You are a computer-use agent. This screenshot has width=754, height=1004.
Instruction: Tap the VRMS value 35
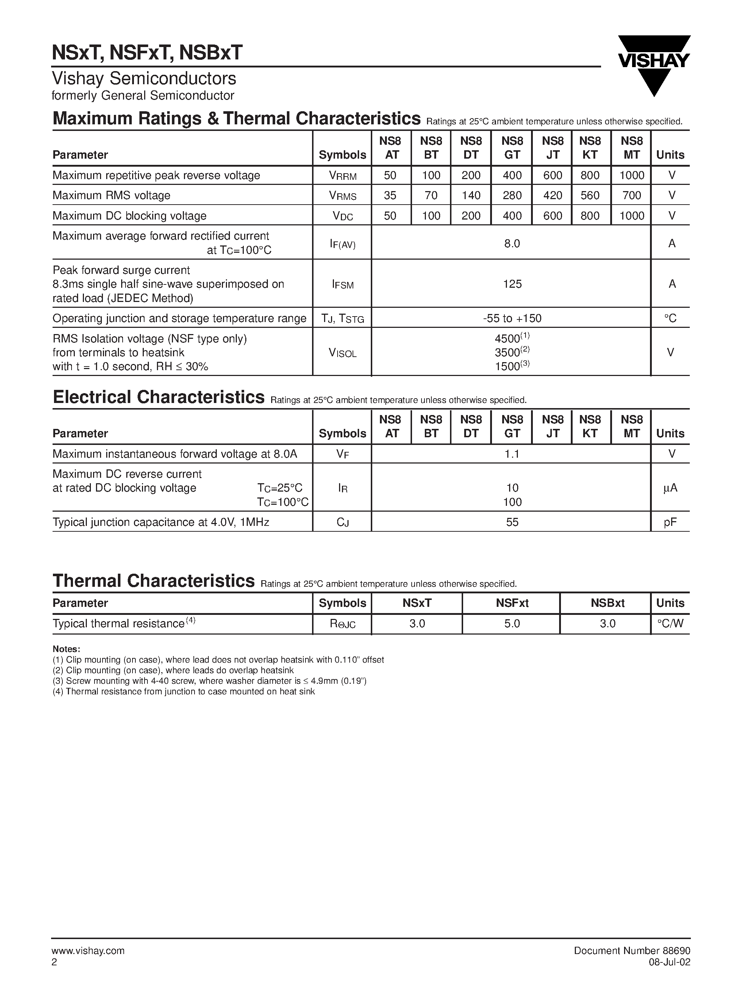tap(390, 195)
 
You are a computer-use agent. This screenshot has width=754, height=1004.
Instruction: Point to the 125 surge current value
tap(512, 284)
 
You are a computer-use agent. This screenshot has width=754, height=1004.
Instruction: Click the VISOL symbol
tap(342, 353)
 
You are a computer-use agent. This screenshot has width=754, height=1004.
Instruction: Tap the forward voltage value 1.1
tap(512, 454)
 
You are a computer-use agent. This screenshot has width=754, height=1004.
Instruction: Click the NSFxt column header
tap(512, 603)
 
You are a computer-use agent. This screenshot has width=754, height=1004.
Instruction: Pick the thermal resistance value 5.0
tap(512, 624)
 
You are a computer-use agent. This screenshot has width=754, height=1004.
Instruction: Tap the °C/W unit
tap(670, 624)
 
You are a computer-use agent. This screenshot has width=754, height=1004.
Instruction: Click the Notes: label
tap(66, 649)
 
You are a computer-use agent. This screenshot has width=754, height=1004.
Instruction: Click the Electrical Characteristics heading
tap(158, 397)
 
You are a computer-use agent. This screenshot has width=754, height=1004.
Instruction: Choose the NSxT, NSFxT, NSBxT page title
tap(147, 53)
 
